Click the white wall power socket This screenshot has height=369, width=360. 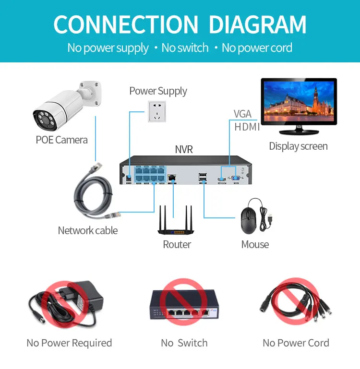pyautogui.click(x=157, y=114)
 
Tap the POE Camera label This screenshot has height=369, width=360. pyautogui.click(x=61, y=140)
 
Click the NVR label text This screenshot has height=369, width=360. pyautogui.click(x=184, y=150)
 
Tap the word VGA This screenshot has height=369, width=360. pyautogui.click(x=242, y=114)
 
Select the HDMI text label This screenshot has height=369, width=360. pyautogui.click(x=247, y=127)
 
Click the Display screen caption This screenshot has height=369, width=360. pyautogui.click(x=298, y=146)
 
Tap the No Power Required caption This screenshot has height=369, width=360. pyautogui.click(x=69, y=343)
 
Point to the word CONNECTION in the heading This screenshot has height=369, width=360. pyautogui.click(x=126, y=24)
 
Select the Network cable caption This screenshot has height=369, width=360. pyautogui.click(x=87, y=230)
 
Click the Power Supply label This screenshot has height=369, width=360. pyautogui.click(x=158, y=91)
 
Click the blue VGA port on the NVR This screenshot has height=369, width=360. pyautogui.click(x=236, y=178)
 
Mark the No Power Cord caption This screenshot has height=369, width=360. pyautogui.click(x=296, y=343)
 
